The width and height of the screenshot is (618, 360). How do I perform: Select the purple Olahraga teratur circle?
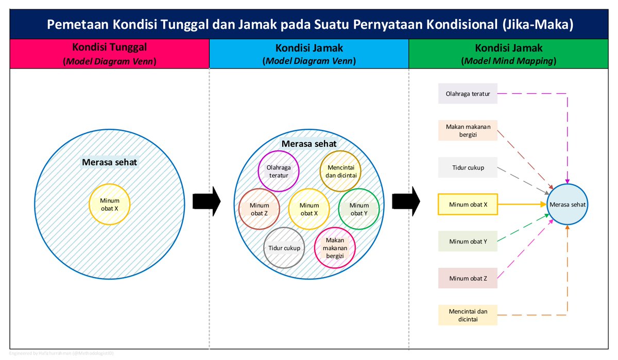pyautogui.click(x=279, y=171)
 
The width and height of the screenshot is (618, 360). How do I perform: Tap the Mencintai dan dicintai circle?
pyautogui.click(x=340, y=171)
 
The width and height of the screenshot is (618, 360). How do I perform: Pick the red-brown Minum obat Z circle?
pyautogui.click(x=259, y=209)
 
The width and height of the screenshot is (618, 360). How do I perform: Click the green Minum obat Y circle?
pyautogui.click(x=359, y=209)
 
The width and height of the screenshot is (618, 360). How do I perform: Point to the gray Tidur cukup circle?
pyautogui.click(x=284, y=248)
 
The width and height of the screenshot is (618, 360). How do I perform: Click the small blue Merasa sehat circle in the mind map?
pyautogui.click(x=567, y=204)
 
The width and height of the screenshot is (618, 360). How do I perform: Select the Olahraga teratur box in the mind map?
pyautogui.click(x=468, y=94)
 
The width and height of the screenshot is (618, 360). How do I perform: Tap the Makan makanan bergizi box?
pyautogui.click(x=468, y=130)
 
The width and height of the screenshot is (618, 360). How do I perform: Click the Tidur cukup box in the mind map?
pyautogui.click(x=468, y=167)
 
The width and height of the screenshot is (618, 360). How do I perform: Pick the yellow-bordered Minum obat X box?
pyautogui.click(x=468, y=204)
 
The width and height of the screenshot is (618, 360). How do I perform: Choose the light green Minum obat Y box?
pyautogui.click(x=468, y=241)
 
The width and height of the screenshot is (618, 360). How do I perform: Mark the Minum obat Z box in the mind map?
pyautogui.click(x=468, y=278)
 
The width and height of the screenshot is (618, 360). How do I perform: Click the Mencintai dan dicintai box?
pyautogui.click(x=468, y=315)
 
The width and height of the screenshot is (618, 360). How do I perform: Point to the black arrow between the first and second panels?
pyautogui.click(x=206, y=201)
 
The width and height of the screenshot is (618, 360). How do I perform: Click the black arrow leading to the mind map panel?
pyautogui.click(x=406, y=201)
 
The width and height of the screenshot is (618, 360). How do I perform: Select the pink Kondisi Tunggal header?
pyautogui.click(x=109, y=54)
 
